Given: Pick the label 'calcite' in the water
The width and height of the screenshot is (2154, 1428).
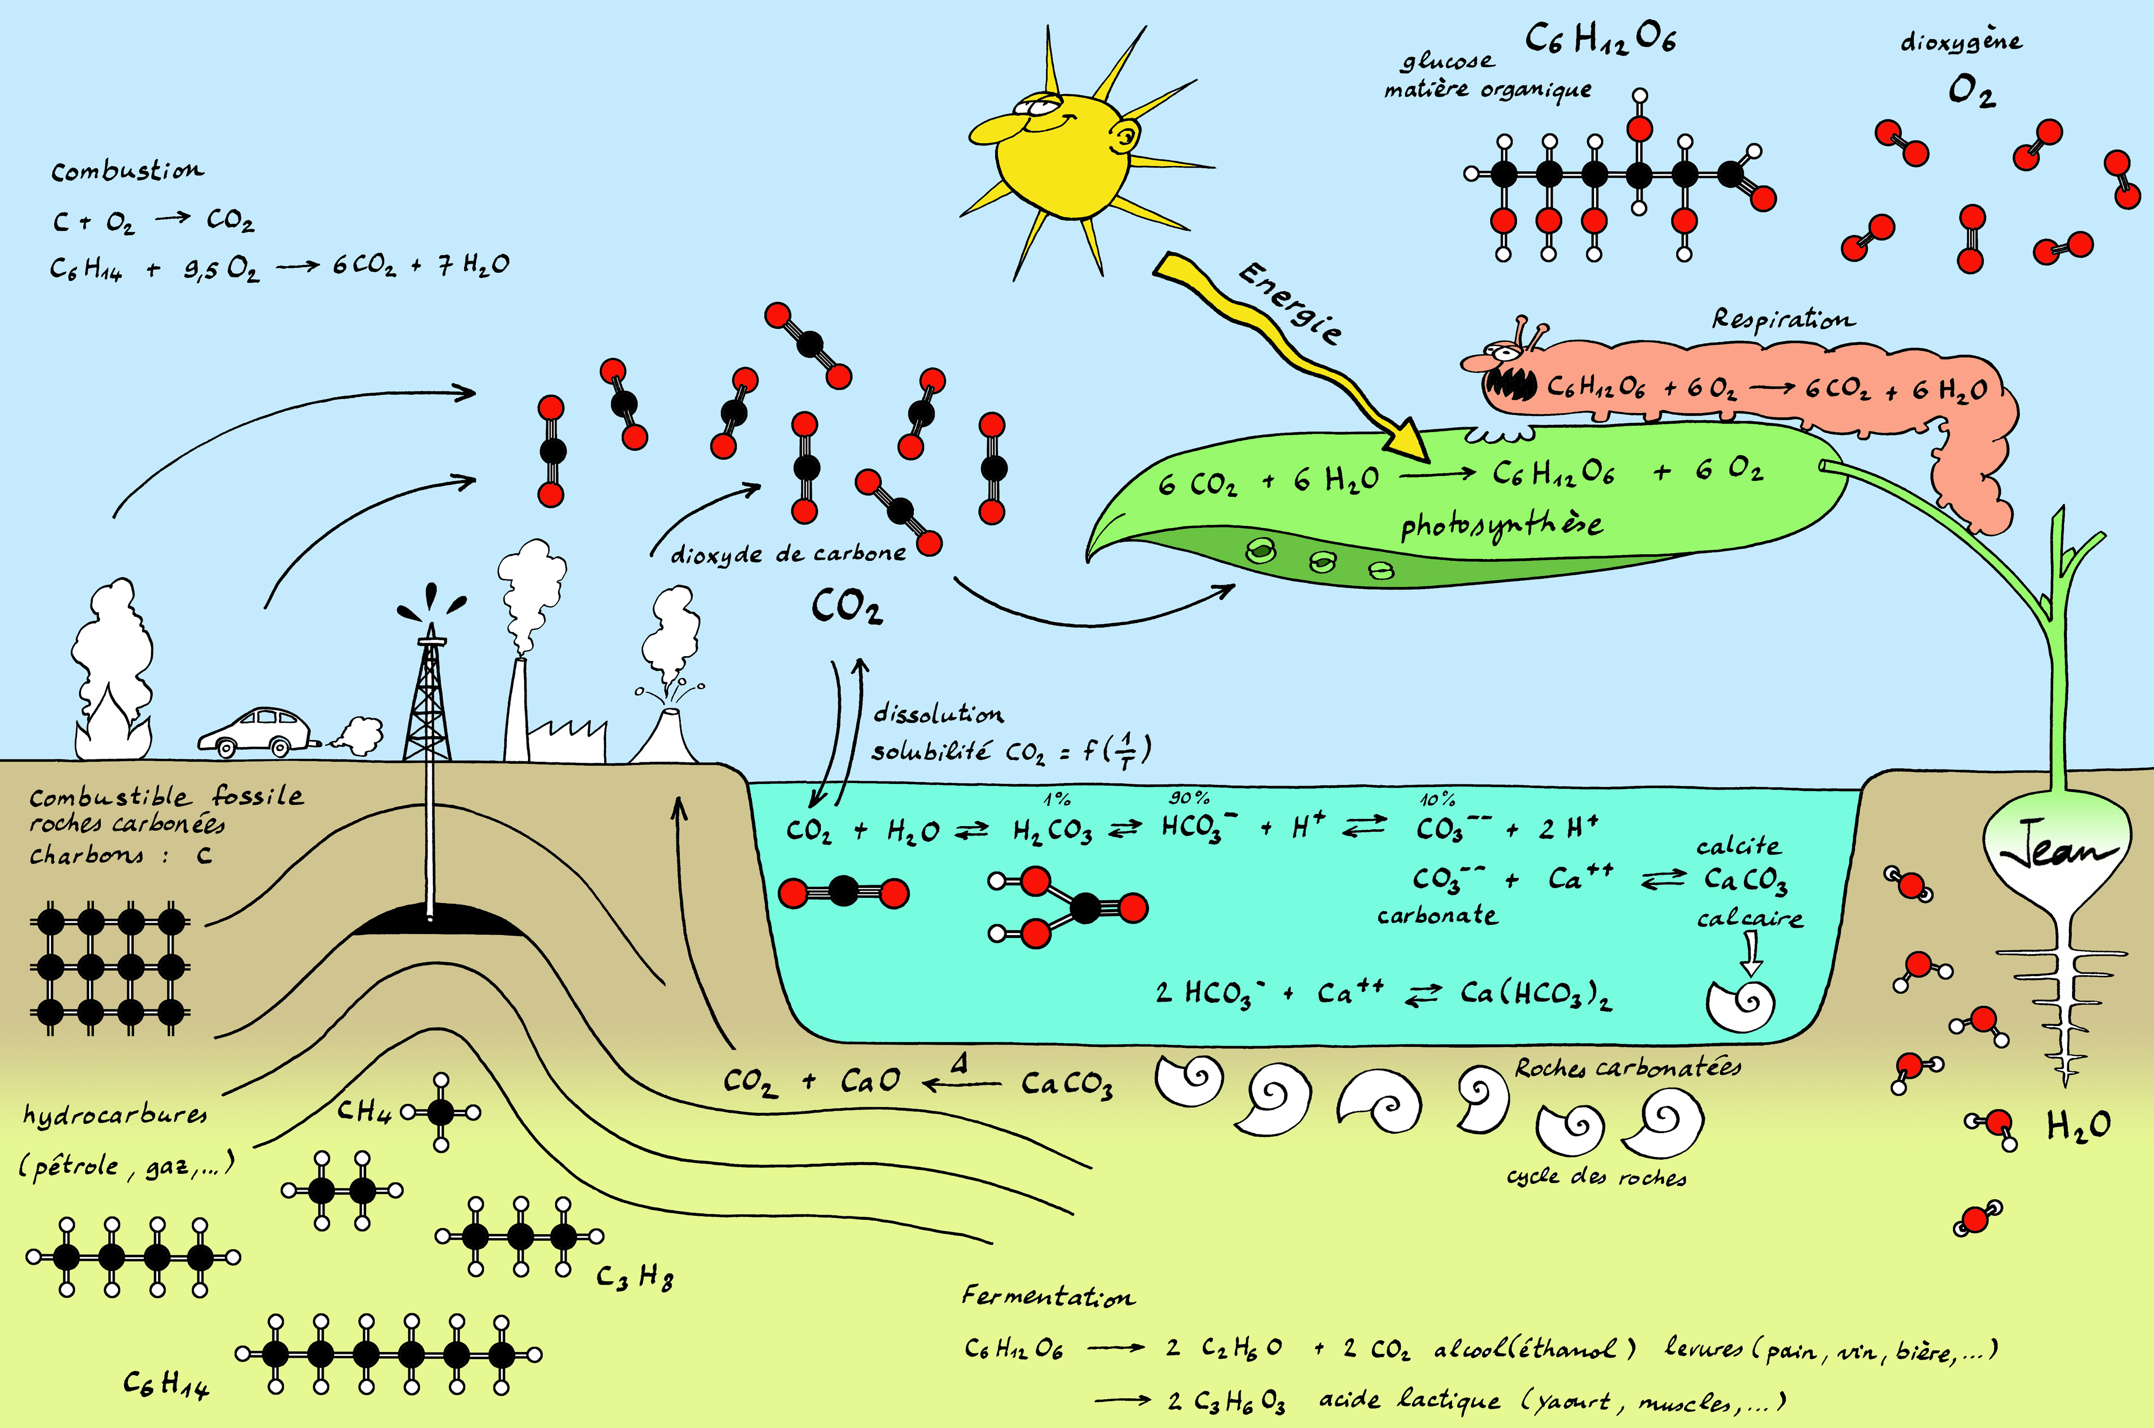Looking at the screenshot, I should point(1738,846).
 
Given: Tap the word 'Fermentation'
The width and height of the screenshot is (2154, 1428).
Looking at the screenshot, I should point(1047,1296).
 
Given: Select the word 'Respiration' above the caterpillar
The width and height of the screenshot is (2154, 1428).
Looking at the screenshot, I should point(1783,319).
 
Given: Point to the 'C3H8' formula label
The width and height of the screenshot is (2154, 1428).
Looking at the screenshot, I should point(635,1277).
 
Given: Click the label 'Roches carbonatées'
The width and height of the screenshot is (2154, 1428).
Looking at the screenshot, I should point(1627,1067).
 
